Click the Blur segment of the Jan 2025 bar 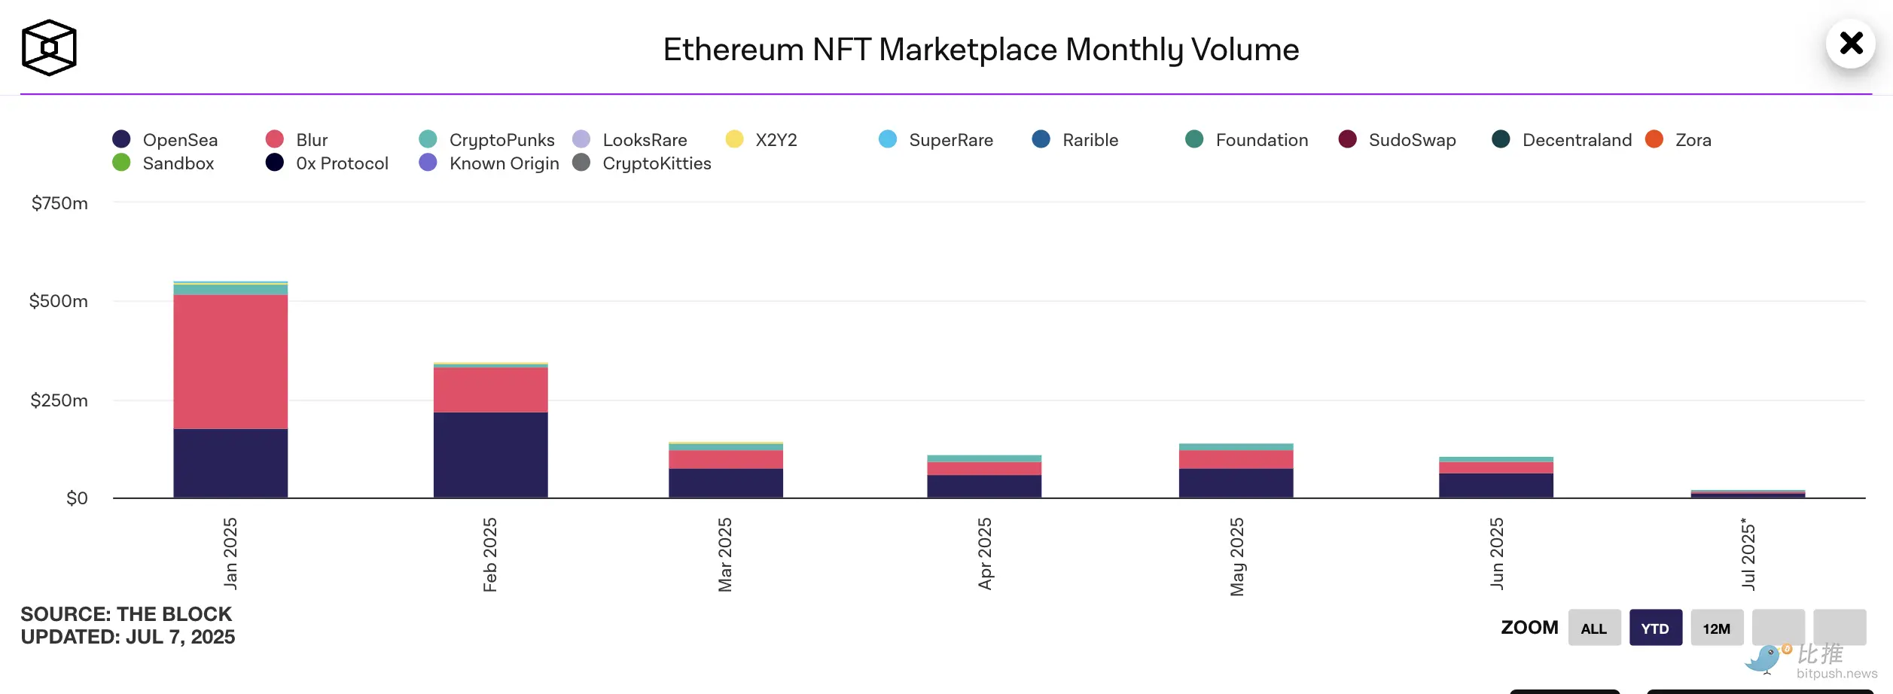tap(230, 361)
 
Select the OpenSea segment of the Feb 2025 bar tap(490, 455)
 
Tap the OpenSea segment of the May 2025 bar tap(1236, 482)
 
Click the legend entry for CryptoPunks tap(488, 140)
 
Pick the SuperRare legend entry tap(937, 140)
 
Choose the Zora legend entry tap(1679, 140)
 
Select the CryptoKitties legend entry tap(642, 163)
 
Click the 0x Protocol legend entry tap(328, 163)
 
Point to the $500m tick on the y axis tap(59, 301)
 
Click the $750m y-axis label tap(59, 203)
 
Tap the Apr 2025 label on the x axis tap(985, 553)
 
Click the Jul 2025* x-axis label tap(1748, 553)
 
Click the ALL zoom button tap(1594, 628)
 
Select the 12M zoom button tap(1717, 628)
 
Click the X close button tap(1851, 43)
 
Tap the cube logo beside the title tap(49, 47)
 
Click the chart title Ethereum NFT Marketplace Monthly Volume tap(980, 50)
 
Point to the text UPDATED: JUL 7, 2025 tap(128, 637)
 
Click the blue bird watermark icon tap(1764, 659)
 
